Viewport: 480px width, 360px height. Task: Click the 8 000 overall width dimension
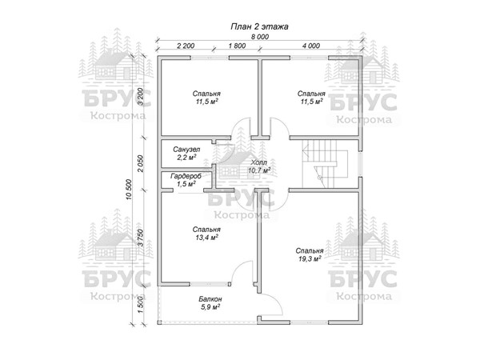click(x=258, y=38)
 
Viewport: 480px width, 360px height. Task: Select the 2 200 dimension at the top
click(x=186, y=46)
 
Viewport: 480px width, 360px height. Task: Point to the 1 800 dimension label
click(x=236, y=46)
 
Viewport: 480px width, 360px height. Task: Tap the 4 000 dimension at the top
click(x=311, y=46)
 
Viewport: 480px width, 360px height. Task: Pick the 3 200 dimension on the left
click(x=140, y=97)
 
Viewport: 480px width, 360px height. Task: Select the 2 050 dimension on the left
click(x=140, y=164)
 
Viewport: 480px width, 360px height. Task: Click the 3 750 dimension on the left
click(x=140, y=238)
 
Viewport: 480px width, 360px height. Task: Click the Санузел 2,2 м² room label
click(x=186, y=154)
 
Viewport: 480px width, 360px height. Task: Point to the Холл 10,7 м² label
click(x=258, y=166)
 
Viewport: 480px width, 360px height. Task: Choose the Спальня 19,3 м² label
click(x=308, y=254)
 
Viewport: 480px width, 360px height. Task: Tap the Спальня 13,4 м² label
click(x=207, y=233)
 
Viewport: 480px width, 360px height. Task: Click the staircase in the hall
click(x=323, y=162)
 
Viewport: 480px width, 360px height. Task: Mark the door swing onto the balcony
click(x=272, y=305)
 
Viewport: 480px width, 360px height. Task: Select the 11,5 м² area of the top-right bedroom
click(x=310, y=102)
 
